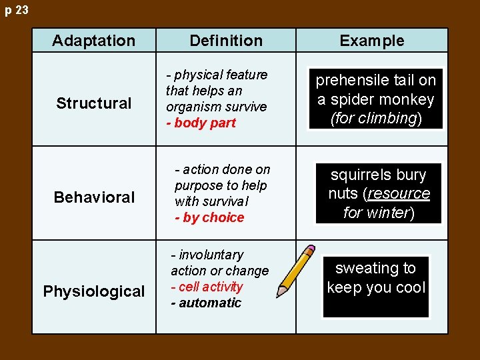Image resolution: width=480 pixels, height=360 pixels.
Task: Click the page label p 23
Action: tap(16, 11)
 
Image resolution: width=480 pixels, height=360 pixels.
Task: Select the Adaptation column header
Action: tap(93, 41)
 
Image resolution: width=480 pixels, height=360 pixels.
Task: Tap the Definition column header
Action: tap(226, 41)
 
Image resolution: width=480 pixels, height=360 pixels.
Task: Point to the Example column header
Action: tap(371, 41)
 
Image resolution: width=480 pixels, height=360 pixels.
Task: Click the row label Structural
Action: tap(94, 103)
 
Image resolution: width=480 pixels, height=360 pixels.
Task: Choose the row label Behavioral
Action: tap(94, 197)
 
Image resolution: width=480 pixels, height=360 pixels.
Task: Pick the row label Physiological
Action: tap(94, 291)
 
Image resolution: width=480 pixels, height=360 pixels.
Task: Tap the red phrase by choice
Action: tap(212, 217)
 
